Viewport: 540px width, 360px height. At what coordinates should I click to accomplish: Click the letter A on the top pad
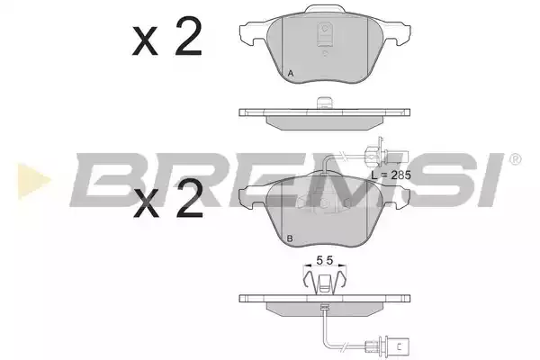291,74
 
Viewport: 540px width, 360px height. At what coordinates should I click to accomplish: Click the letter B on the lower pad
290,238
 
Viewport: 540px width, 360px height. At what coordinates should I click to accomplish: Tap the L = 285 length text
391,175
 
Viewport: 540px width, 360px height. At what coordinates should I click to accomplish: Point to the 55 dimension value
324,261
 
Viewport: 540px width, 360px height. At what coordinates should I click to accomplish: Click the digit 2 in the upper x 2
188,37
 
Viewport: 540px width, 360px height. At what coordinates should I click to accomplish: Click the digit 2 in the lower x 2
189,199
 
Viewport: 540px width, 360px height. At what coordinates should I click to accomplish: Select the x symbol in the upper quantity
145,41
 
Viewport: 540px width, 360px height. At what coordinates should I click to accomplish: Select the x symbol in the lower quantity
147,204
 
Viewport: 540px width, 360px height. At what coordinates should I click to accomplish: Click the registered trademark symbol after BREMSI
515,159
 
